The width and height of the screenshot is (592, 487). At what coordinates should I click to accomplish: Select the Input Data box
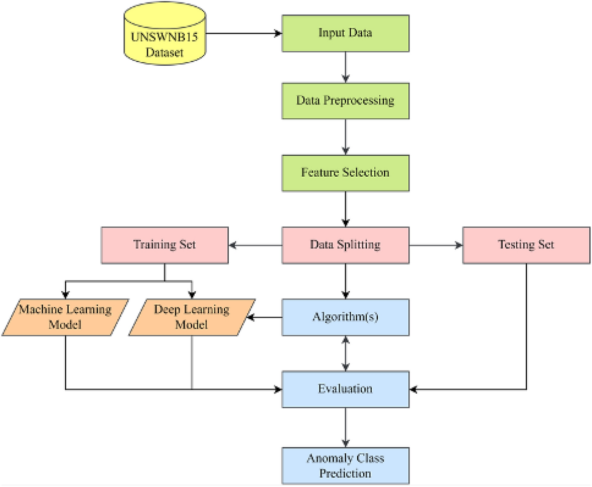345,34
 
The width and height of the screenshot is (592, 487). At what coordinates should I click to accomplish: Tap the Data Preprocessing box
345,100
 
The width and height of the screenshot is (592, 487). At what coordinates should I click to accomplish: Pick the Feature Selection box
345,172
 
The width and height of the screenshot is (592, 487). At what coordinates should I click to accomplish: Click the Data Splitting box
345,246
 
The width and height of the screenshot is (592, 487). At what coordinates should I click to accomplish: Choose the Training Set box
165,246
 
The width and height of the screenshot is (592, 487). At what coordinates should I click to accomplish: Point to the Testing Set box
526,246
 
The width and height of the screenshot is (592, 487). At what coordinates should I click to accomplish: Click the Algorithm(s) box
345,317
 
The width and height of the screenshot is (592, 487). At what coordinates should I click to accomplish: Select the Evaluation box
345,389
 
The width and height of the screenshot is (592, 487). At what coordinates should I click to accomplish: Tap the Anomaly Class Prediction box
345,465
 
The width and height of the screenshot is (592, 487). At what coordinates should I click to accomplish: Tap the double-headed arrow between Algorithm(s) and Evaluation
345,353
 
